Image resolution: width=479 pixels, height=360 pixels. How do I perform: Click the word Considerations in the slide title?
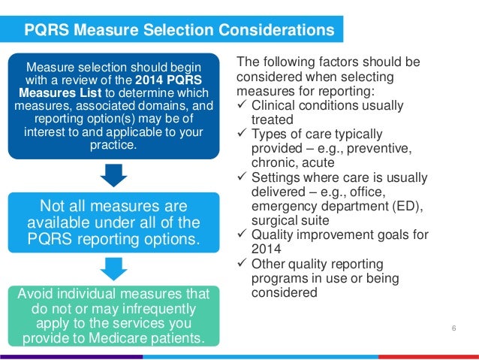tap(278, 30)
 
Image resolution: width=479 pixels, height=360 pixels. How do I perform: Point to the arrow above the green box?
tap(113, 268)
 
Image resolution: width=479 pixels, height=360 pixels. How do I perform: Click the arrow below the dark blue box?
tap(113, 174)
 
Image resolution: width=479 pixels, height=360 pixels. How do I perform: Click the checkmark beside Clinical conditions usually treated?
tap(243, 104)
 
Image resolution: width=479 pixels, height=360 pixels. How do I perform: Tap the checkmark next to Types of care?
tap(243, 134)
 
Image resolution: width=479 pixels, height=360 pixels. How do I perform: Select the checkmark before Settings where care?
tap(243, 177)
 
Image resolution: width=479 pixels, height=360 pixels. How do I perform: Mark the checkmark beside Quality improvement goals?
tap(243, 234)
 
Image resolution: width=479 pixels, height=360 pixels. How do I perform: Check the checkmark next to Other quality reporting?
tap(243, 264)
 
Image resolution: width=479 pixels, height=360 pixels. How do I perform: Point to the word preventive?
tap(382, 149)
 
